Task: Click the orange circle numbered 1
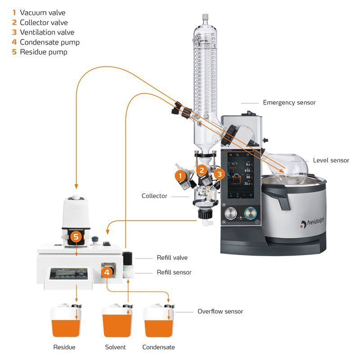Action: click(180, 175)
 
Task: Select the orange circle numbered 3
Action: click(219, 174)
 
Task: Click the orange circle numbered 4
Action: click(107, 272)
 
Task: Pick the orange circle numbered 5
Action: click(76, 236)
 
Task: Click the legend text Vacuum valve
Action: click(43, 13)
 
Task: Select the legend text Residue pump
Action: click(44, 52)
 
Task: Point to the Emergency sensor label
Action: click(289, 103)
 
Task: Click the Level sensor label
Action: click(331, 160)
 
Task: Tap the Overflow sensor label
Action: click(220, 311)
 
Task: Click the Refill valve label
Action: click(172, 258)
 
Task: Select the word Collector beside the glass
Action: click(154, 196)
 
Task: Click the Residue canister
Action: click(65, 322)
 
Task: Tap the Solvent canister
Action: click(116, 322)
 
